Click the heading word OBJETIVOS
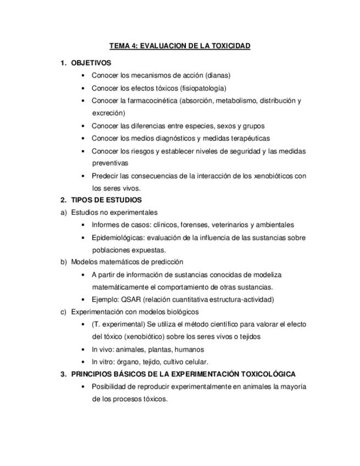(91, 63)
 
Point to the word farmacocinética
(151, 101)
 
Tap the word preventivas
(110, 163)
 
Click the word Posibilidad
(110, 387)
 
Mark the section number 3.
(63, 374)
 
